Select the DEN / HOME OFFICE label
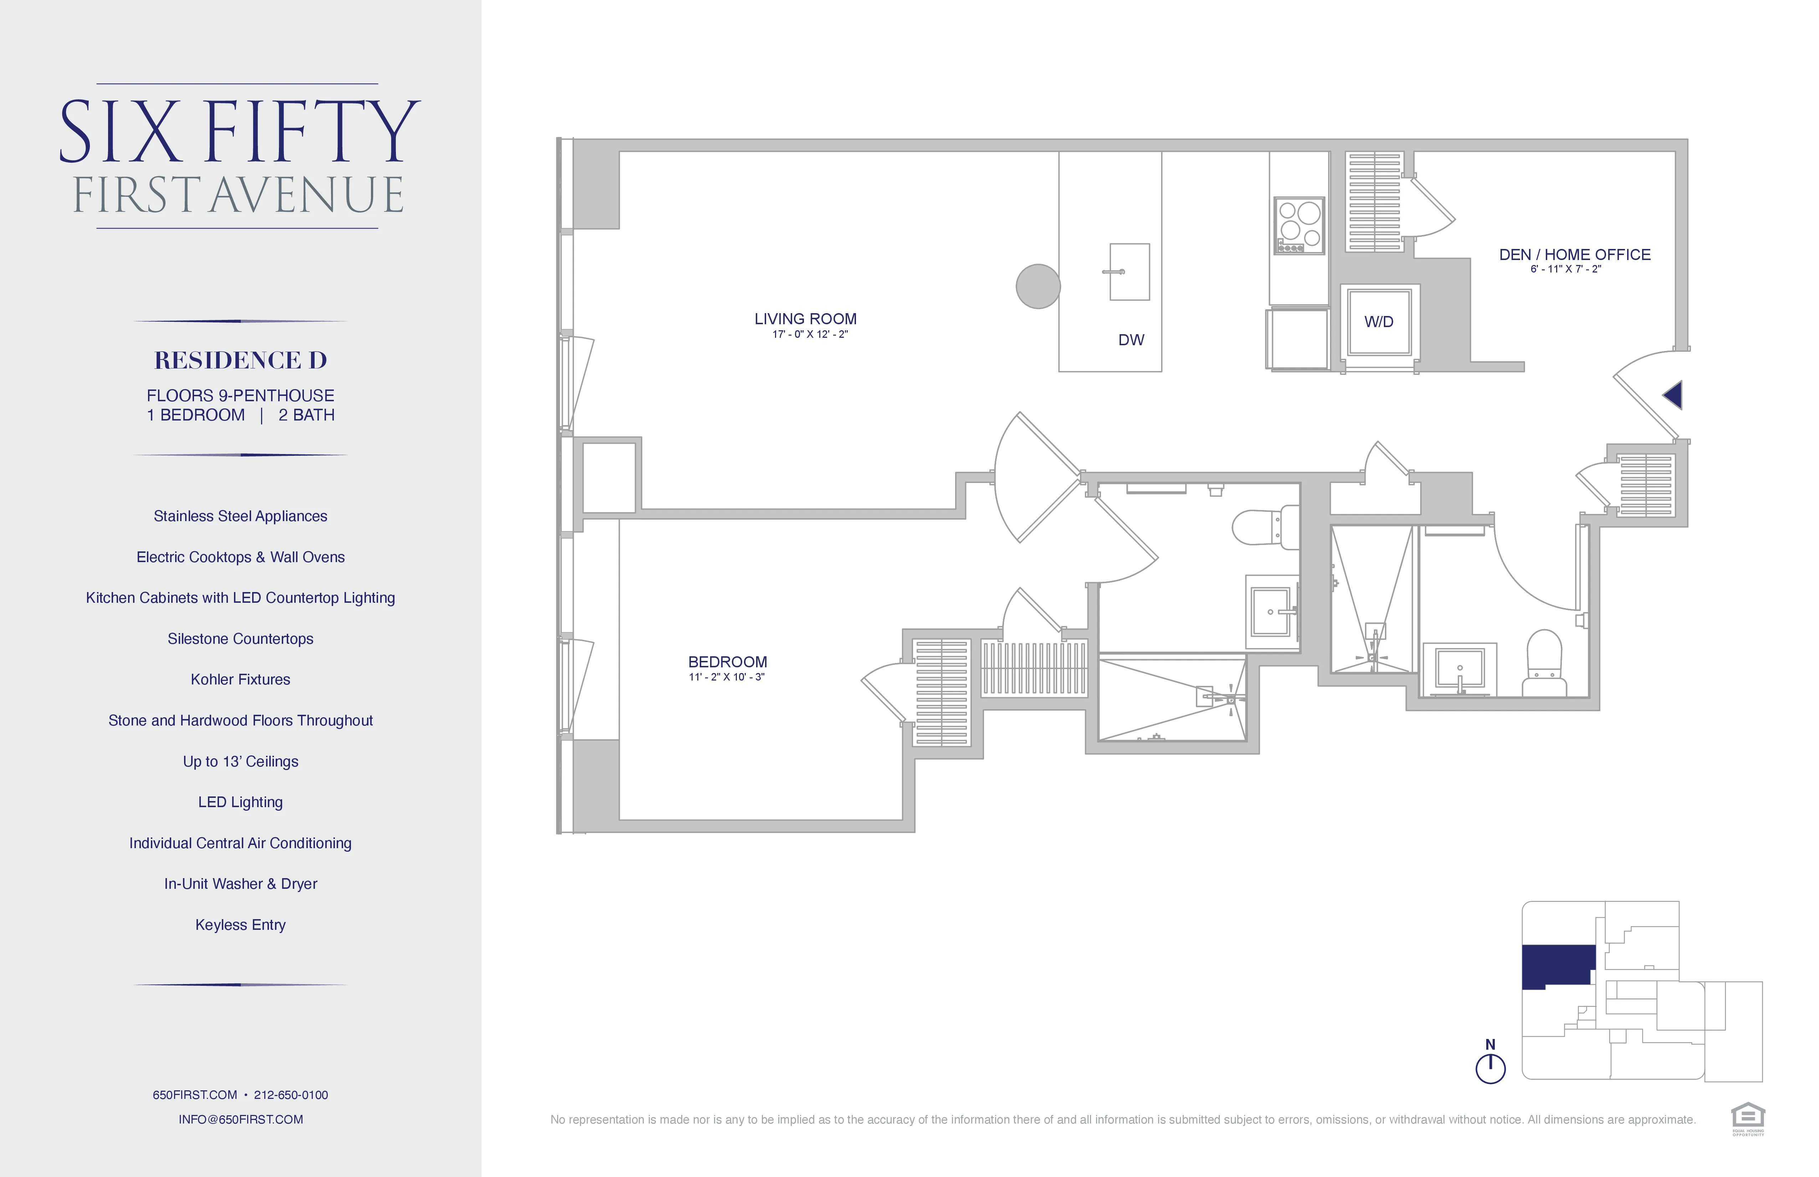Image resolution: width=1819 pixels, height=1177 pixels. tap(1574, 255)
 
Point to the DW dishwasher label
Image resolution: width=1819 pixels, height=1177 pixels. tap(1131, 340)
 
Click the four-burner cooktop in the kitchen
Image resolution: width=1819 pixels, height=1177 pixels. tap(1299, 225)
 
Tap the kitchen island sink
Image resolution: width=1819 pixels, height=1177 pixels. tap(1129, 272)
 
